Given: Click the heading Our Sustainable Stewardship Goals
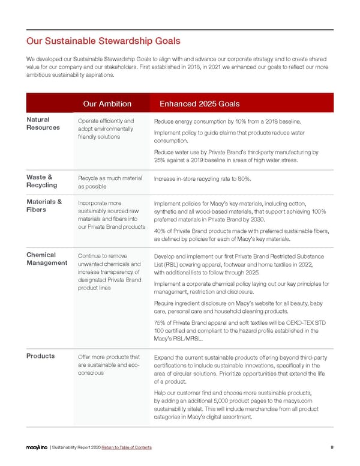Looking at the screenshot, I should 103,41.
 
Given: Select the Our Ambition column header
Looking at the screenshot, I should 107,104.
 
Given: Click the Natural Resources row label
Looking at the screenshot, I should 43,123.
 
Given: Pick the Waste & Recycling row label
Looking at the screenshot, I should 41,181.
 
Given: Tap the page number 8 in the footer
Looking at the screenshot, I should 332,447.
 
